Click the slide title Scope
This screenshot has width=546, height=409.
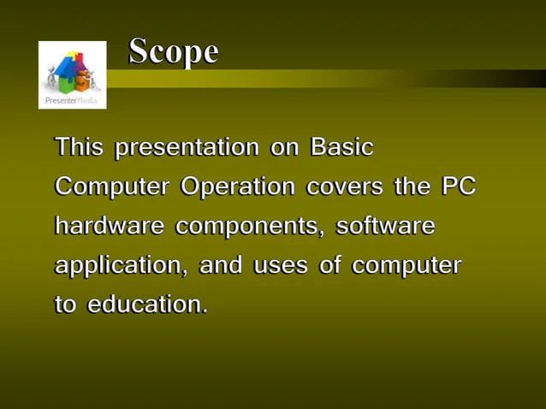(x=173, y=51)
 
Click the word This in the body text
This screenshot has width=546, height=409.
(x=80, y=146)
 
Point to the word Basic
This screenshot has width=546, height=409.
(x=341, y=146)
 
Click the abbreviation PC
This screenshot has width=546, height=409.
(x=458, y=187)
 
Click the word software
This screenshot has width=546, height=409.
(x=385, y=226)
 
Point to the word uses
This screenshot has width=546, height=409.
(x=281, y=266)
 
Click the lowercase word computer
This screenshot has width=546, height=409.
(x=407, y=266)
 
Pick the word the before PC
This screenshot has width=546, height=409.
(x=415, y=187)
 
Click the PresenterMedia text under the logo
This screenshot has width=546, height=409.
(x=71, y=101)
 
